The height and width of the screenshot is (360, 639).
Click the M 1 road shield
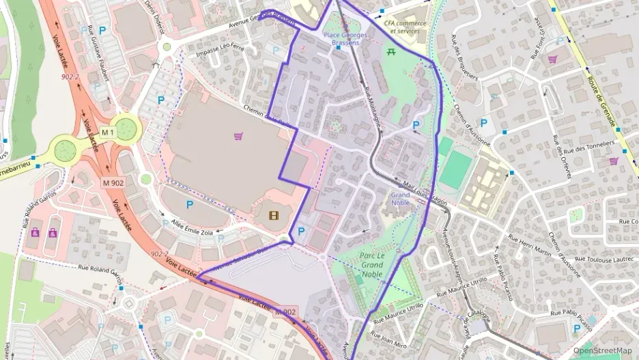click(x=107, y=131)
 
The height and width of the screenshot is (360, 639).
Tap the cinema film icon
click(x=273, y=217)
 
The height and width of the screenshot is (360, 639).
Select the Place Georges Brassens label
click(x=345, y=39)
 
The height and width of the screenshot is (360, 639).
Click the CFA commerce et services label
click(x=405, y=27)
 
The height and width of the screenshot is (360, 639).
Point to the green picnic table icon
click(x=392, y=52)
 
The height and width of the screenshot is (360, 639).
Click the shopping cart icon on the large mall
click(x=238, y=136)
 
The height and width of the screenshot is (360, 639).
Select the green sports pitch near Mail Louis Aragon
click(x=455, y=170)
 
